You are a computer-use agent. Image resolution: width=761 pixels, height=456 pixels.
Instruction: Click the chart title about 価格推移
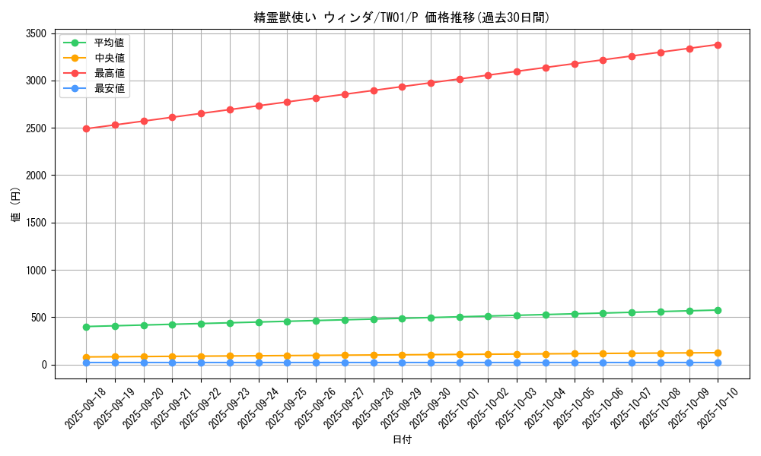(x=402, y=17)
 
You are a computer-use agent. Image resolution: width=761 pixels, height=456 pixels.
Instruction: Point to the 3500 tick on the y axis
(x=36, y=33)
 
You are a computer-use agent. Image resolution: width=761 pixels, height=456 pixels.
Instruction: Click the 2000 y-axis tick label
(x=36, y=176)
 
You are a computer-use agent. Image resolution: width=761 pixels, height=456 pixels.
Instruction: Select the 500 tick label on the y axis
(x=39, y=318)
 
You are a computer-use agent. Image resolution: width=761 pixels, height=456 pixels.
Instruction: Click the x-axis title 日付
(x=402, y=440)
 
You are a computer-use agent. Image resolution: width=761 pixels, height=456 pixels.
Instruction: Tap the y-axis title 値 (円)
(x=16, y=204)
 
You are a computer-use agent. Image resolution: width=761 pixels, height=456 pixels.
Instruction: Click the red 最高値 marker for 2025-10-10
(x=718, y=45)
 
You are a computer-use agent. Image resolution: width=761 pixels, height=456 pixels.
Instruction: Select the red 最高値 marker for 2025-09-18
(x=86, y=128)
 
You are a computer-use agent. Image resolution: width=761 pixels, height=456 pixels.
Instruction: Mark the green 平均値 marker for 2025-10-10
(x=718, y=310)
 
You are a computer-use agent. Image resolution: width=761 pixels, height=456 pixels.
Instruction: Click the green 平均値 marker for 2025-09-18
(x=86, y=327)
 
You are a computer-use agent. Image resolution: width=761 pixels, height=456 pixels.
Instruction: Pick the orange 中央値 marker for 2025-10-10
(x=718, y=353)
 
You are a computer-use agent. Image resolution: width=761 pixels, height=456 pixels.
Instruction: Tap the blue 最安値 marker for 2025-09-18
(x=86, y=363)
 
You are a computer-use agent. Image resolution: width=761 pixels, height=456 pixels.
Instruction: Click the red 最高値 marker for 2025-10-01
(x=460, y=79)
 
